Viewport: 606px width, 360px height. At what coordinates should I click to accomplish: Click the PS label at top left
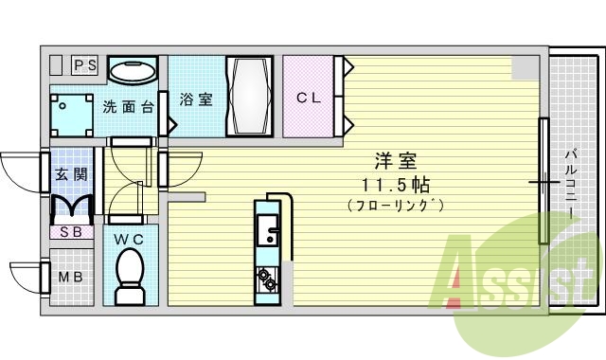[x=86, y=65]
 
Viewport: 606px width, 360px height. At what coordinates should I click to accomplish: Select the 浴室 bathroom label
[x=196, y=99]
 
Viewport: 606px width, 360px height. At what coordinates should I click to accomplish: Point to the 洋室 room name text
[x=394, y=162]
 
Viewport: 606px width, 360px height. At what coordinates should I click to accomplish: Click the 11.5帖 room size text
[x=394, y=184]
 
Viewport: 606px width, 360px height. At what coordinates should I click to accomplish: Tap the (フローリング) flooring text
[x=394, y=205]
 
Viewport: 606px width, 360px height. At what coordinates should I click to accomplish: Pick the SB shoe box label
[x=70, y=231]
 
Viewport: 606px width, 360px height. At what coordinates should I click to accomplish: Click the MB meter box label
[x=70, y=278]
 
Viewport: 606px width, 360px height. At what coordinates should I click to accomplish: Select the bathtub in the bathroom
[x=249, y=98]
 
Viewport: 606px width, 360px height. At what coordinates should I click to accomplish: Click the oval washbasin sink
[x=132, y=70]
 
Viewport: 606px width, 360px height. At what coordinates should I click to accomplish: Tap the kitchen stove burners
[x=266, y=279]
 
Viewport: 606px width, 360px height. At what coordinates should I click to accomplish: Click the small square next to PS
[x=56, y=65]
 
